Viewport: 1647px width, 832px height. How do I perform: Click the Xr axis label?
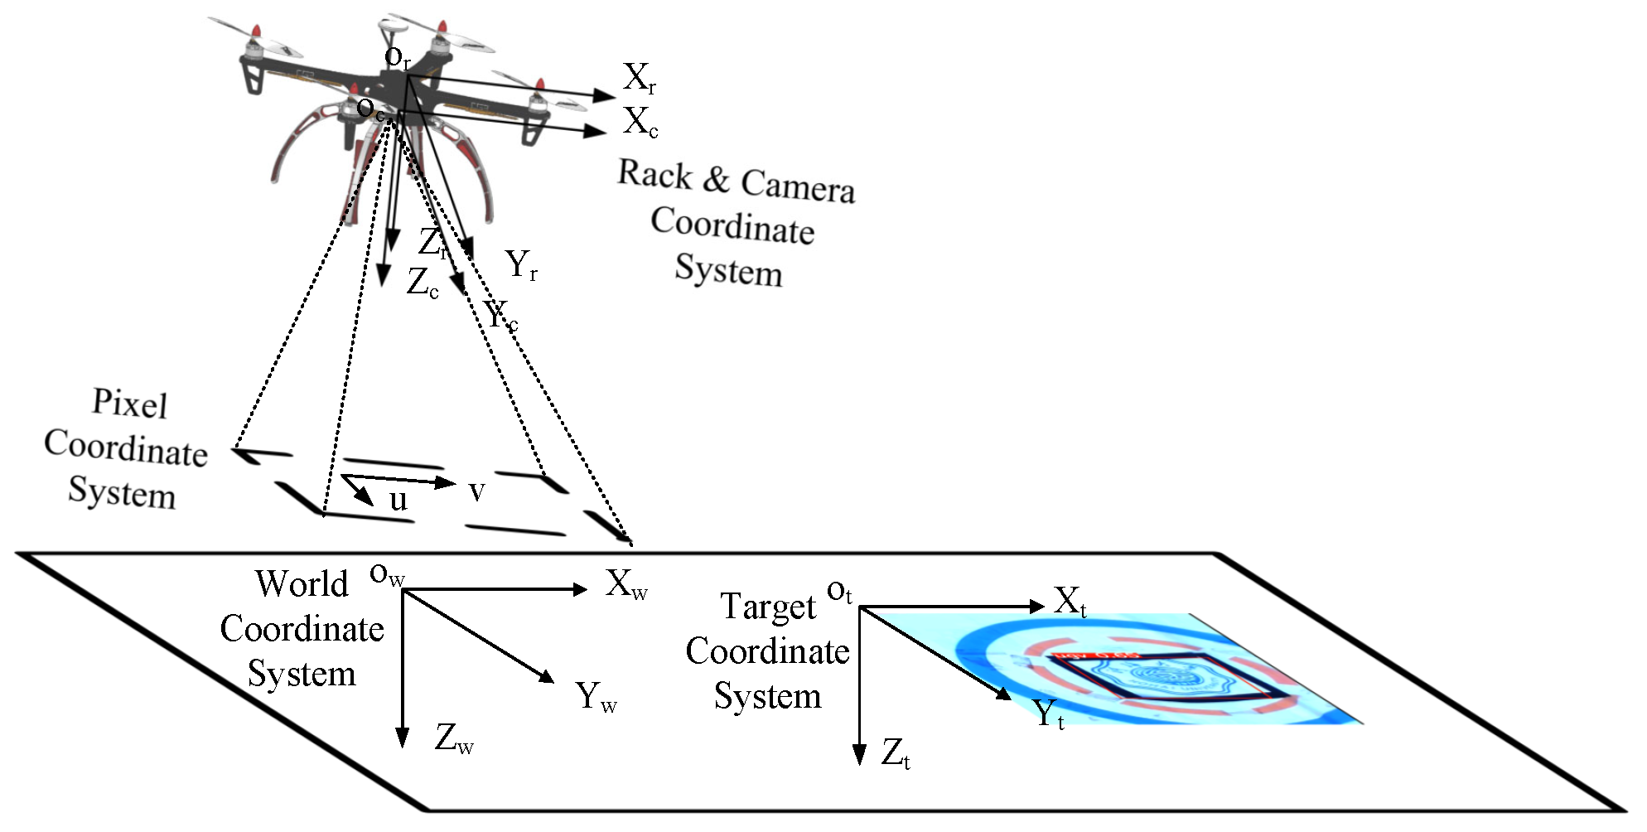(x=640, y=78)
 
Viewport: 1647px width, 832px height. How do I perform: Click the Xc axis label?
(x=640, y=122)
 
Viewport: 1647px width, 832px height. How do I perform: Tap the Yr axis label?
(x=522, y=265)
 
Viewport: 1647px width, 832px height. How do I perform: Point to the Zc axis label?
(x=423, y=283)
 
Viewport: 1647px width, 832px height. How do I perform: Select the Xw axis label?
(x=625, y=584)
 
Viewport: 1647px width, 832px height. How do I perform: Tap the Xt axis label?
(x=1070, y=602)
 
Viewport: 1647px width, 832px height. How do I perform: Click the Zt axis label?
(x=895, y=753)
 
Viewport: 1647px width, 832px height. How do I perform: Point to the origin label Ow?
(x=386, y=573)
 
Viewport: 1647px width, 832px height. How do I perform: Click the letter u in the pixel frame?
(x=398, y=500)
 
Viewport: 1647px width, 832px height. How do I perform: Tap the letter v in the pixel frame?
(x=476, y=491)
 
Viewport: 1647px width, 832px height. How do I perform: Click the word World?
(x=302, y=583)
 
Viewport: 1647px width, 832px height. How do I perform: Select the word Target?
(x=768, y=607)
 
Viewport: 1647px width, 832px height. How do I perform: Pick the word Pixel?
(x=129, y=404)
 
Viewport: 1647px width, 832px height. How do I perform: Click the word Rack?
(x=654, y=174)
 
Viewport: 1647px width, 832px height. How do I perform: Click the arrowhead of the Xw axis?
(x=581, y=589)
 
